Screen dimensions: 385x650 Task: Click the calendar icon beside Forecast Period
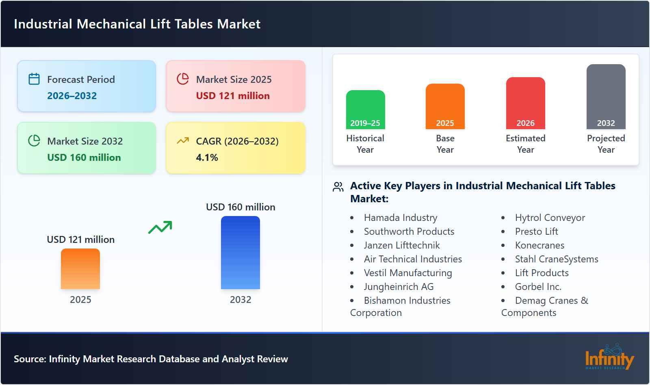point(34,79)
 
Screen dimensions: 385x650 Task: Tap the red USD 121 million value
point(233,96)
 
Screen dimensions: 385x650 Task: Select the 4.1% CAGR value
point(207,158)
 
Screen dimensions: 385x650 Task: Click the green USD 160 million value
point(84,158)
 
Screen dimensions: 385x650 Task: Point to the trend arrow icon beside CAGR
point(183,141)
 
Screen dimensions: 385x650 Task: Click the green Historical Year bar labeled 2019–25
point(365,110)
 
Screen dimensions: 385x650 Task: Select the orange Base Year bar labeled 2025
point(445,106)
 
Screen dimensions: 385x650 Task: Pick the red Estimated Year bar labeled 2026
point(525,103)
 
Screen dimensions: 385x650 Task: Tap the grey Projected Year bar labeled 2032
point(606,97)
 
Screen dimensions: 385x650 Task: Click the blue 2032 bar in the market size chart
point(240,253)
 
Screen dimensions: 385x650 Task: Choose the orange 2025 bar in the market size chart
point(80,269)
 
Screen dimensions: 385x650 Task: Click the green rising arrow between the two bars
point(160,227)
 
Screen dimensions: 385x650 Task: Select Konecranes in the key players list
point(539,245)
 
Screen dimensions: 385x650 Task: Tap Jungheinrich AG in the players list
point(399,287)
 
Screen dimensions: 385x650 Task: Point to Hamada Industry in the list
point(401,218)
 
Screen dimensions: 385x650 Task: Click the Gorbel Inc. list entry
point(538,287)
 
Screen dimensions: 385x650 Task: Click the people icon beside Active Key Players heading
point(338,187)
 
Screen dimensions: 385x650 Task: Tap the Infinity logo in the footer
point(609,357)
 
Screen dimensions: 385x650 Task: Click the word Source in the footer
point(29,359)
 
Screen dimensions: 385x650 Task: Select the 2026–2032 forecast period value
point(72,96)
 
